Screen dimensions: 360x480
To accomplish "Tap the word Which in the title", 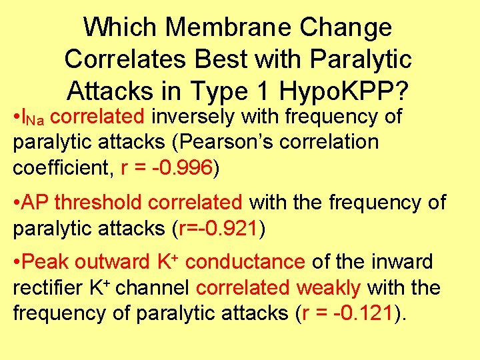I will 121,27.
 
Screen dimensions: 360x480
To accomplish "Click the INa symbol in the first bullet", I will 33,117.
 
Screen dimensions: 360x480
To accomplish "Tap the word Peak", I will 45,262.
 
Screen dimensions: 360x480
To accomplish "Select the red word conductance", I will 247,262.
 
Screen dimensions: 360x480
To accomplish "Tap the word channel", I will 157,288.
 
